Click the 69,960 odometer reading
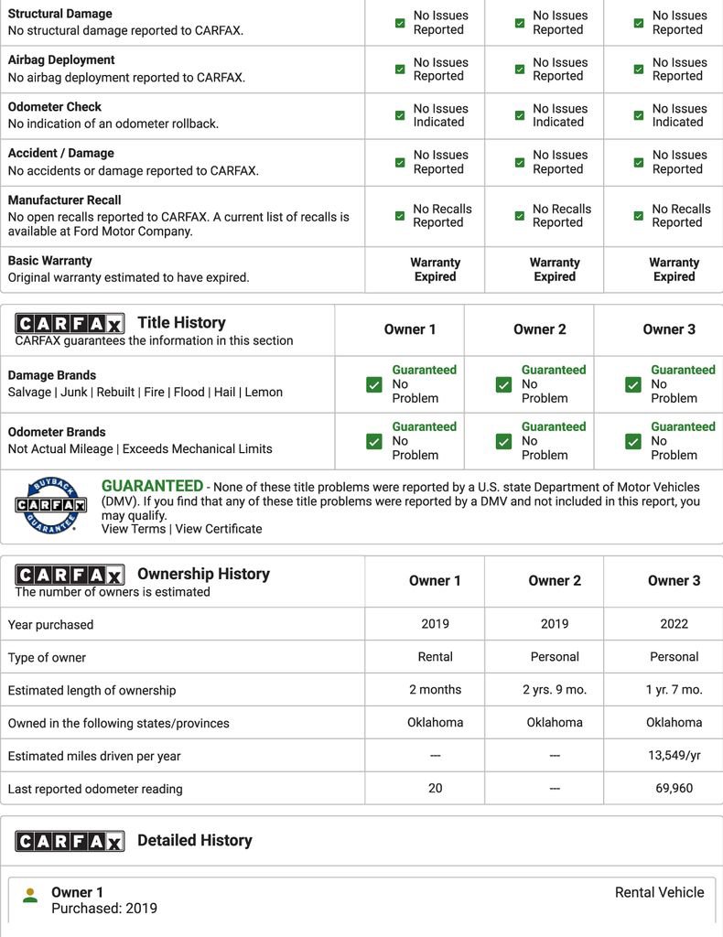(674, 788)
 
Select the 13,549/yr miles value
(674, 755)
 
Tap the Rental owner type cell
(435, 656)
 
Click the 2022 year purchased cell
(674, 623)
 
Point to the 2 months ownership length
(435, 689)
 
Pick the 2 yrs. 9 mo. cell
(555, 689)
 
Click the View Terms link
(134, 529)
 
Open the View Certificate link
(219, 529)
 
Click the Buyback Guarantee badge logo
(50, 505)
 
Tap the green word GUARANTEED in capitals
(152, 486)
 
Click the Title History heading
(181, 322)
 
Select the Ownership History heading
(203, 574)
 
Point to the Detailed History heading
(194, 840)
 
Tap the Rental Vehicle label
(659, 892)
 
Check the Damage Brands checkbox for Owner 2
(503, 384)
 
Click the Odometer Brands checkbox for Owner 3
(632, 441)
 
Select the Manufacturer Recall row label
(64, 199)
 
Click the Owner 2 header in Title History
(539, 329)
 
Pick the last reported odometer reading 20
(435, 788)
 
